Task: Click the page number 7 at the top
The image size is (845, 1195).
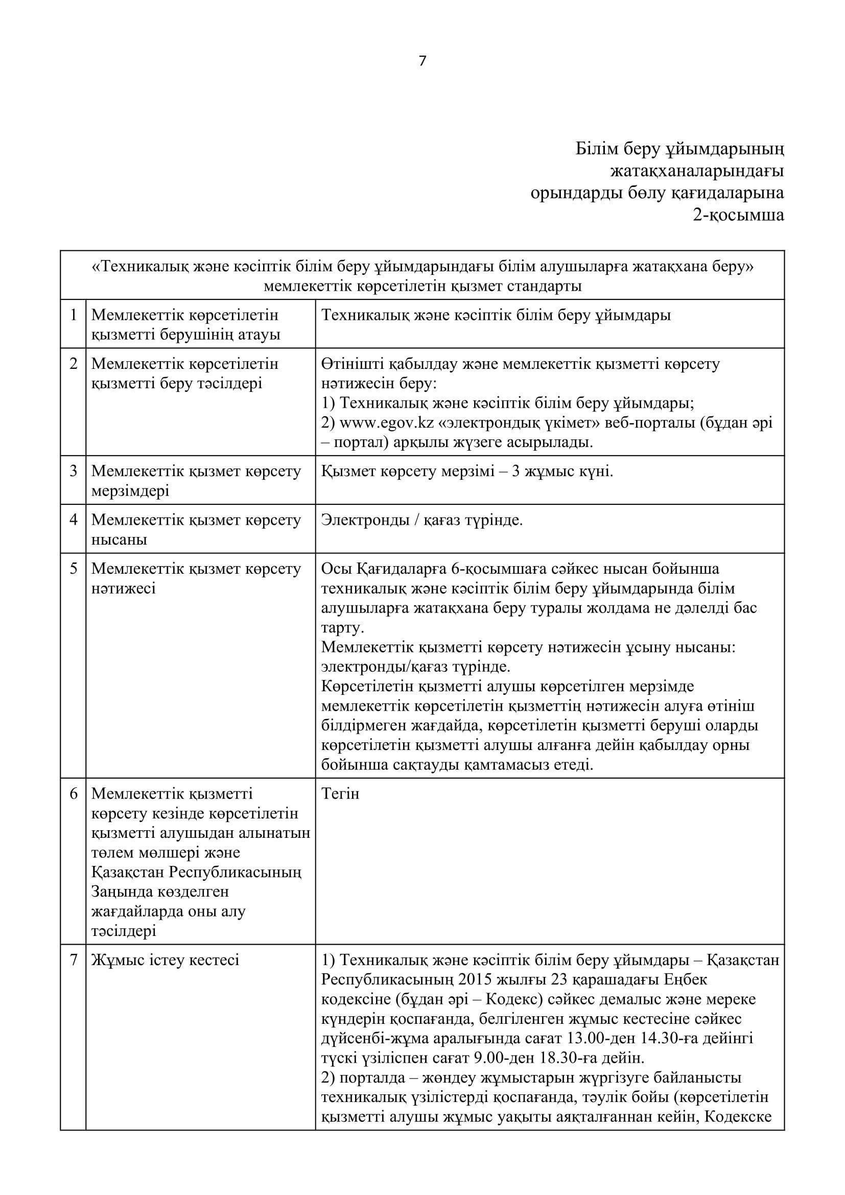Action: (422, 61)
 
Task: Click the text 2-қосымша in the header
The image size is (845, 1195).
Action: (738, 215)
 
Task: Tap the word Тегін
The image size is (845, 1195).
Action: (340, 794)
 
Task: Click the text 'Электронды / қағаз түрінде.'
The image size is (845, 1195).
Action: (422, 520)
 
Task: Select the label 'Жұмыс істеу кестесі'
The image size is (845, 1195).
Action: (166, 960)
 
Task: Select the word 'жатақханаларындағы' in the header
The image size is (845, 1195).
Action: (697, 171)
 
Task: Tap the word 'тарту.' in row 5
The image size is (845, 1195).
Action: (342, 628)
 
